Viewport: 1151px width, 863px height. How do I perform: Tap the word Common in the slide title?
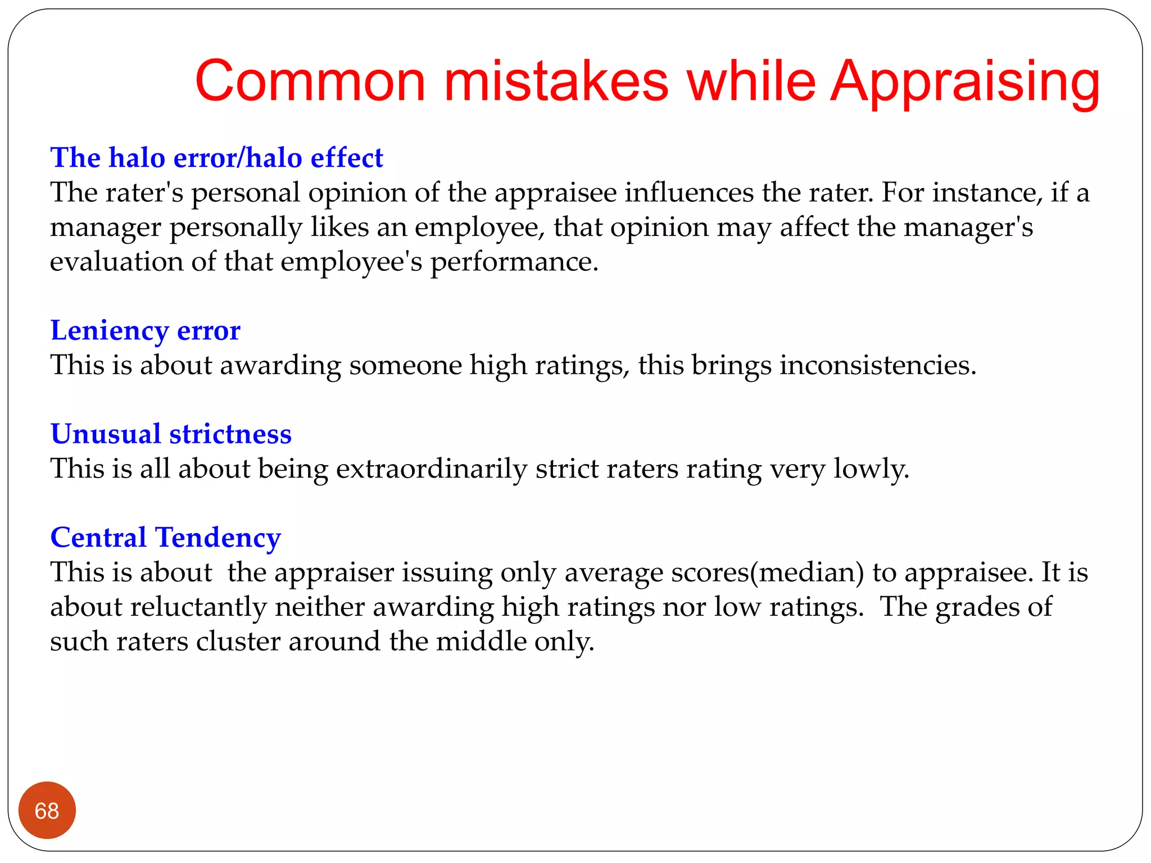point(310,82)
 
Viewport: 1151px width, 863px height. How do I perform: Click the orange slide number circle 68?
point(47,810)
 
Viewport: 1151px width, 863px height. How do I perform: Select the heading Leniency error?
point(145,330)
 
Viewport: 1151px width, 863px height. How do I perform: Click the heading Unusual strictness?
point(171,434)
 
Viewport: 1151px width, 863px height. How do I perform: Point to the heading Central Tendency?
point(165,538)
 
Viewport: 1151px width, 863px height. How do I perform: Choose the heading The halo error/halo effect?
point(216,158)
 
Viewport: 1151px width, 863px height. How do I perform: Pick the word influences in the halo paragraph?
point(689,193)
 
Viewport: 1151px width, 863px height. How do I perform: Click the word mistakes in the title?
point(556,82)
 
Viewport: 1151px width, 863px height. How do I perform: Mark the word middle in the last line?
point(481,642)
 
